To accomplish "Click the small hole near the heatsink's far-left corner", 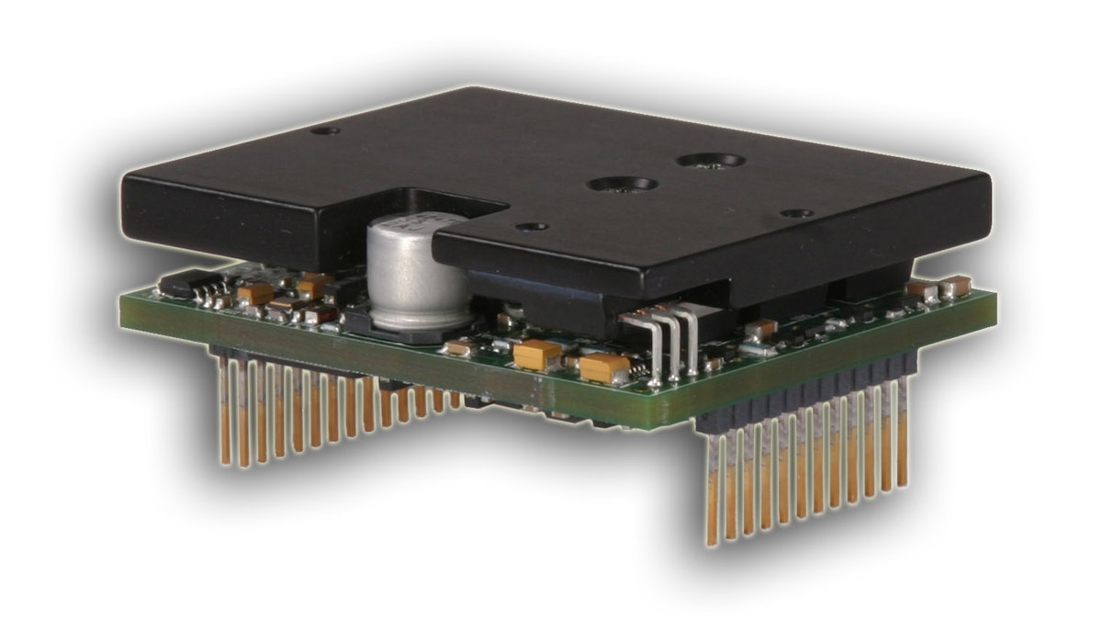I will click(324, 130).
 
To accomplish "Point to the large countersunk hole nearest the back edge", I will click(711, 161).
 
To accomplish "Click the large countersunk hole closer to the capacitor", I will click(622, 185).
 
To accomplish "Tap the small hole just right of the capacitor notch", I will click(531, 226).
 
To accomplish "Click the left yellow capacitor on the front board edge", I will click(537, 354).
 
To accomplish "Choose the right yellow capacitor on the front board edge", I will click(604, 368).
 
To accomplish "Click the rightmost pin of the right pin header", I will click(903, 432).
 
